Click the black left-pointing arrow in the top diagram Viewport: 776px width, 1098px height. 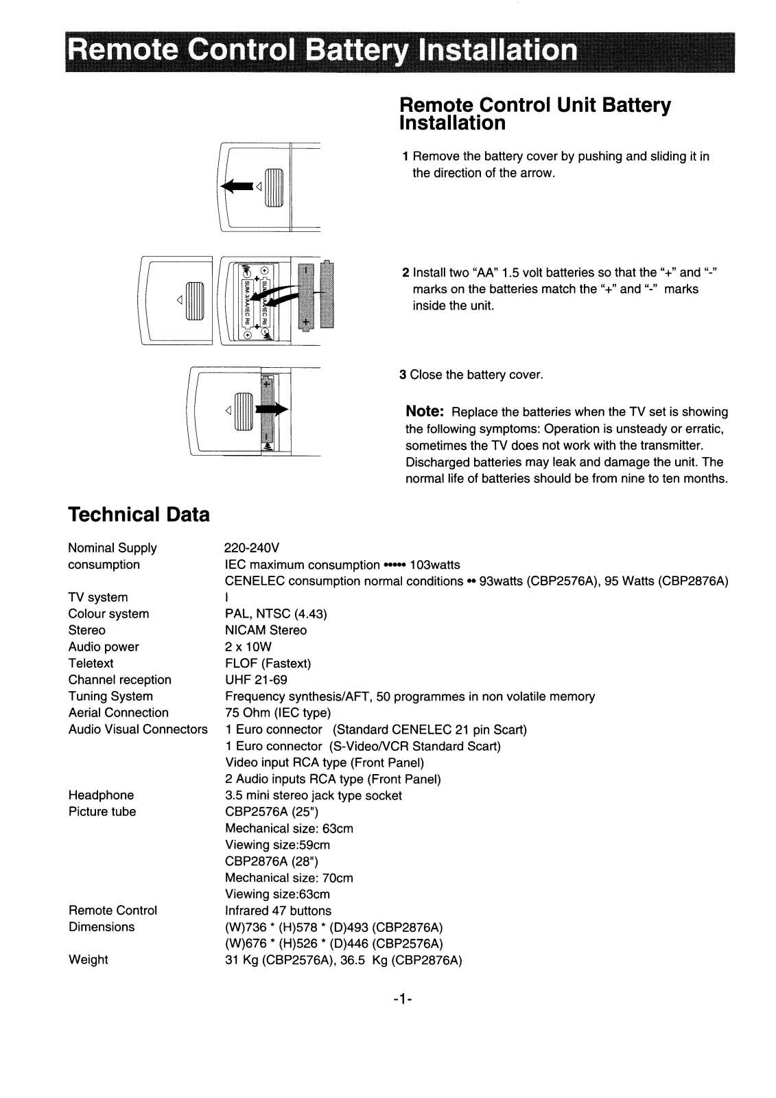[235, 186]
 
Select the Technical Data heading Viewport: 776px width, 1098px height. [139, 515]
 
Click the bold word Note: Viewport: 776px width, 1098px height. [425, 411]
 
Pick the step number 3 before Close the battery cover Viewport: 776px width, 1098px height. [403, 375]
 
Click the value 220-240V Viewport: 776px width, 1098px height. [252, 548]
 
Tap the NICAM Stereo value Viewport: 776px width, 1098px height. [266, 631]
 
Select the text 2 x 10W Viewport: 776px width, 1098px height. [248, 647]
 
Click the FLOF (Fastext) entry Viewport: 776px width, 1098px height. [268, 664]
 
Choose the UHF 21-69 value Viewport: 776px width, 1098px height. [256, 680]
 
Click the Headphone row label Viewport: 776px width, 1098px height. [101, 795]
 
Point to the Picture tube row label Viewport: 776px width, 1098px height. [102, 812]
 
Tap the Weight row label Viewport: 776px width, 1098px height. [88, 960]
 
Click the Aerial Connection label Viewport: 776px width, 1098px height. [118, 713]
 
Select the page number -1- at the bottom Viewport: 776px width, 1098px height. [403, 1001]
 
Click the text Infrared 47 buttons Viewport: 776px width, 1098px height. [278, 911]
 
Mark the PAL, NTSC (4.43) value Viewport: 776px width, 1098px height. [276, 614]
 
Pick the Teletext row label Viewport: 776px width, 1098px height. [91, 664]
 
